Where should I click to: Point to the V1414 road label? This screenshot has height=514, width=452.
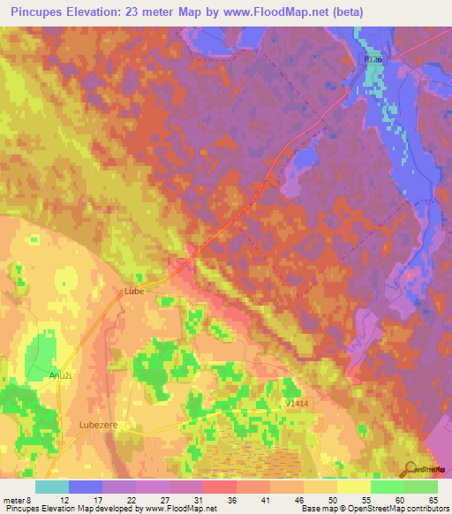pyautogui.click(x=298, y=403)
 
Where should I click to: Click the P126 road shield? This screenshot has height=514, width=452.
pyautogui.click(x=372, y=58)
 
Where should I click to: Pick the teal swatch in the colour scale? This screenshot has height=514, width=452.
pyautogui.click(x=52, y=487)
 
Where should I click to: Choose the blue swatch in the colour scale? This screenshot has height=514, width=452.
pyautogui.click(x=86, y=487)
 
